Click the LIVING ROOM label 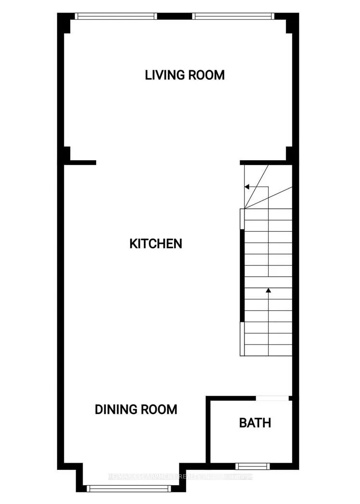(x=185, y=75)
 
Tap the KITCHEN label (x=156, y=243)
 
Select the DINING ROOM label (x=136, y=409)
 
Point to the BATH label (x=255, y=423)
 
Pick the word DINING (x=114, y=409)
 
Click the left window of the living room (x=116, y=16)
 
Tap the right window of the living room (x=234, y=16)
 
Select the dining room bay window (x=128, y=488)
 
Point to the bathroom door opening (x=272, y=398)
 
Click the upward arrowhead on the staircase (x=268, y=290)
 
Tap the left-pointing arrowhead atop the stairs (x=247, y=186)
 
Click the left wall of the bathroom (x=208, y=430)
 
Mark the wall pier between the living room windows (x=175, y=16)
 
